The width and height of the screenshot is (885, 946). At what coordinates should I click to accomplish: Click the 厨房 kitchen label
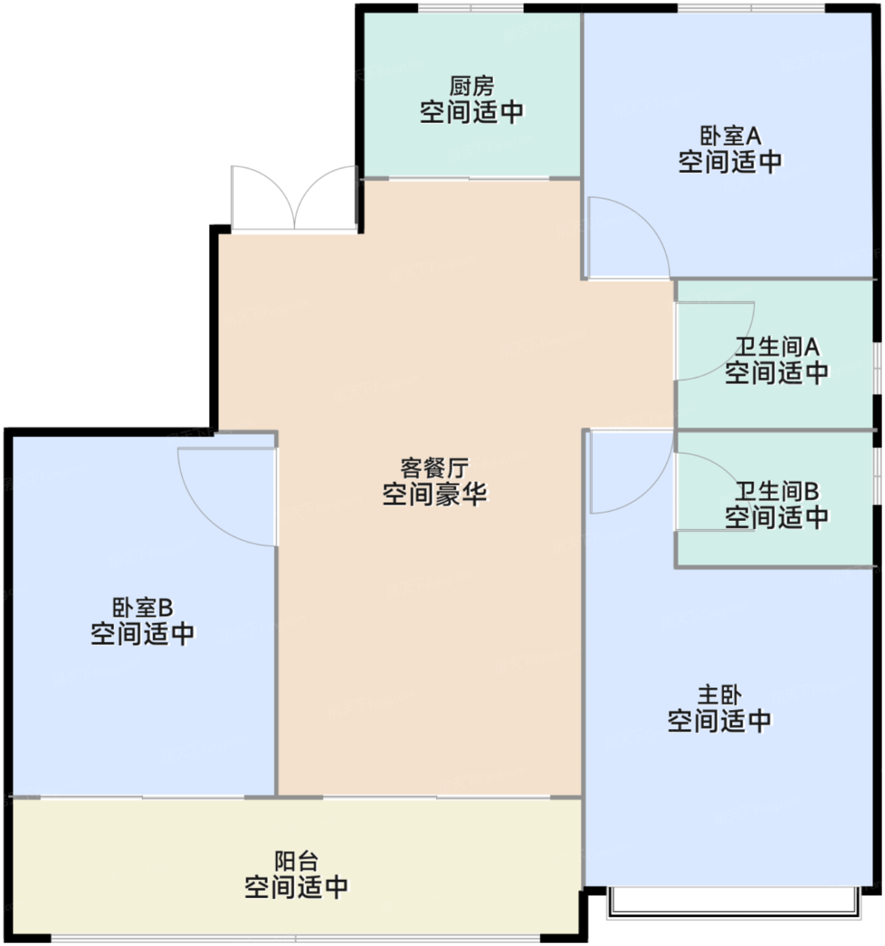point(471,86)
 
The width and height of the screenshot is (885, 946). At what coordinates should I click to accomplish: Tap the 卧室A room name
point(729,136)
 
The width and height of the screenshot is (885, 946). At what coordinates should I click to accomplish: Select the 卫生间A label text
point(777,347)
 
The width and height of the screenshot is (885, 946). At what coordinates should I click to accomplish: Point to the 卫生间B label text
point(777,491)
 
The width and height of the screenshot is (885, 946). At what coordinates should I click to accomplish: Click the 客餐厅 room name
point(434,468)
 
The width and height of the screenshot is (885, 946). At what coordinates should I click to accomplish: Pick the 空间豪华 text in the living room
point(434,495)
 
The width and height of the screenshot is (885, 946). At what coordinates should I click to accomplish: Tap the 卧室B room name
point(142,607)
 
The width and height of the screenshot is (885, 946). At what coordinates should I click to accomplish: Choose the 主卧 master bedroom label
point(719,695)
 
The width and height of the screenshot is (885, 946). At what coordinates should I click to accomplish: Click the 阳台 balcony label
point(296,862)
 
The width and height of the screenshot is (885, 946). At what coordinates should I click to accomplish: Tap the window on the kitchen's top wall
point(471,8)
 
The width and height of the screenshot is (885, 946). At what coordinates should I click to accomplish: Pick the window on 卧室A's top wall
point(750,8)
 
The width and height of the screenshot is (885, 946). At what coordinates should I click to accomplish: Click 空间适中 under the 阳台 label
point(296,887)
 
